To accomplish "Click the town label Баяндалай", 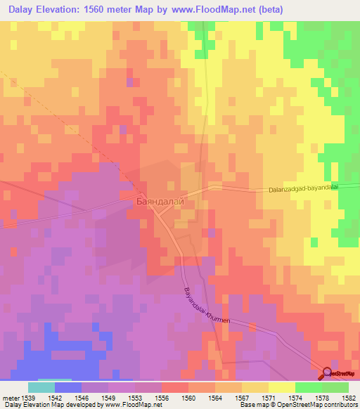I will (160, 202).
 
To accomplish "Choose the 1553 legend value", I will (135, 398).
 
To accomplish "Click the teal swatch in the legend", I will (41, 387).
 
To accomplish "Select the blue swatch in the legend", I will (68, 387).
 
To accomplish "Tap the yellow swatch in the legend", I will (282, 387).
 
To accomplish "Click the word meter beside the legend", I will (11, 398).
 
